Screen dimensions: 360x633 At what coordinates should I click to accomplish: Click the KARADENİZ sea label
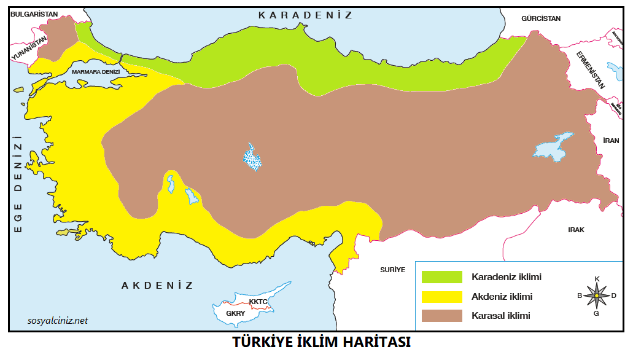[305, 15]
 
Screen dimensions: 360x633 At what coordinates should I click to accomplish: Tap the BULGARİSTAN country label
[34, 13]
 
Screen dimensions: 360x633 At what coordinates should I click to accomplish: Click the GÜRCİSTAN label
[540, 18]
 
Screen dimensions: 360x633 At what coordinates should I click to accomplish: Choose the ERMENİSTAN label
[590, 69]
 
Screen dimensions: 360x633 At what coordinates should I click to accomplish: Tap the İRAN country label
[611, 141]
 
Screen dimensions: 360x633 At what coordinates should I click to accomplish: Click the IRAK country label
[576, 230]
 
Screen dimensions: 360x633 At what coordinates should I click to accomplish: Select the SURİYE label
[392, 269]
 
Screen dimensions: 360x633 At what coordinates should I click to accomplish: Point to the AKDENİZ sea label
[157, 286]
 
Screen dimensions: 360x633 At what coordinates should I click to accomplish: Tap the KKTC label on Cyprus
[258, 302]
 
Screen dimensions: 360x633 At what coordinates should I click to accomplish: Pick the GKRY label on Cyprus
[235, 313]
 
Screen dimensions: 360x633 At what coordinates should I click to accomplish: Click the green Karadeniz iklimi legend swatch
[441, 277]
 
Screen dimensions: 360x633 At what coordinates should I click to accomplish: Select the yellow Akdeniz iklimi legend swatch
[441, 297]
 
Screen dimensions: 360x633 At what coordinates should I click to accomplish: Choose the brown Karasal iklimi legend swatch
[441, 316]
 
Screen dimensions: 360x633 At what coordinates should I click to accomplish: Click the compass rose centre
[596, 296]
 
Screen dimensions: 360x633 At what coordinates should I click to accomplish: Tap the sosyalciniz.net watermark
[58, 320]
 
